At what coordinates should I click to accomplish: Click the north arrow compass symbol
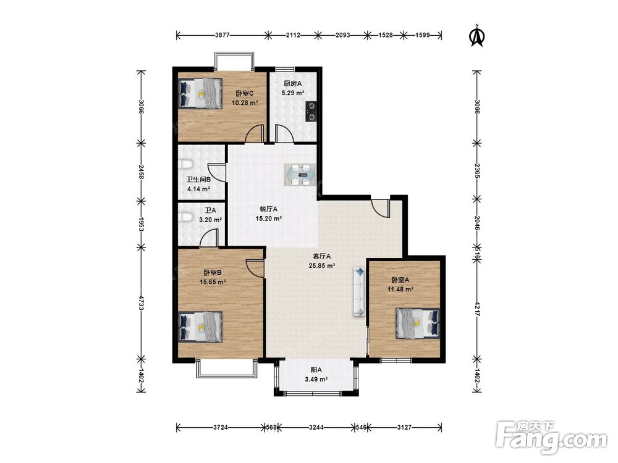477,35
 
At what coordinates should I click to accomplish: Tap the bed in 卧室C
200,93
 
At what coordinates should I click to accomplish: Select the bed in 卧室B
200,327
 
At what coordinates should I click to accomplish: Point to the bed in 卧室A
417,323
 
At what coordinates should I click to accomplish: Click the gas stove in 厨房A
311,111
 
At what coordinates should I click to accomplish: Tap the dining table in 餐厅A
300,175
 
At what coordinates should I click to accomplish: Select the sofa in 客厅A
359,292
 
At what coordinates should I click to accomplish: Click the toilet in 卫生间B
185,165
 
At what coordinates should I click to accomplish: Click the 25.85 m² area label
322,265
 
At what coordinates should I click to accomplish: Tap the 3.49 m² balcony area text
316,380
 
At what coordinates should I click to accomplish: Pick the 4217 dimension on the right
477,309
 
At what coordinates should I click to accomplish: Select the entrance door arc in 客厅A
380,208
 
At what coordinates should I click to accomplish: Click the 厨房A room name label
292,83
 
